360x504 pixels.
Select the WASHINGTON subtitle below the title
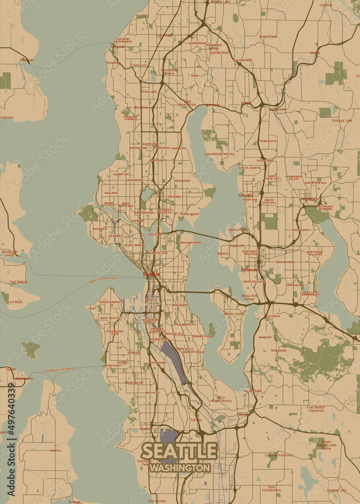click(179, 468)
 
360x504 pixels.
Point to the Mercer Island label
click(233, 313)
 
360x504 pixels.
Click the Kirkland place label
click(246, 195)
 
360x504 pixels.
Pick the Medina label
click(223, 254)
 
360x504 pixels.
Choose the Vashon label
click(55, 450)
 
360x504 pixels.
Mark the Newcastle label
click(278, 350)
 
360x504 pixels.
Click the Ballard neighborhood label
click(111, 193)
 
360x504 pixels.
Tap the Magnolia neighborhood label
click(100, 228)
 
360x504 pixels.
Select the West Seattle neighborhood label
click(109, 318)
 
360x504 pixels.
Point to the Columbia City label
click(185, 325)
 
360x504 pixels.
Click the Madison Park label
click(191, 242)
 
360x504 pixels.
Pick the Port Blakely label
click(18, 282)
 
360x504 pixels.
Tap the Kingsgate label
click(268, 141)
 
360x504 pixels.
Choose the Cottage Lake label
click(342, 120)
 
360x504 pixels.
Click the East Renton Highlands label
click(316, 409)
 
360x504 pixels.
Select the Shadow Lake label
click(336, 490)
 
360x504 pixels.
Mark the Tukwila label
click(196, 420)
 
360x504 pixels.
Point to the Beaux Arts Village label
click(249, 297)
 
